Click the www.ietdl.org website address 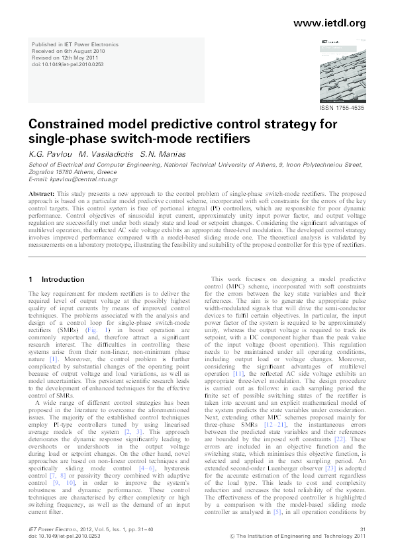coord(328,23)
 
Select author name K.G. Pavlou coord(50,153)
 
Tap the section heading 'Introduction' coord(63,280)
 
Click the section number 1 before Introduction coord(31,280)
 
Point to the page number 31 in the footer coord(362,529)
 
